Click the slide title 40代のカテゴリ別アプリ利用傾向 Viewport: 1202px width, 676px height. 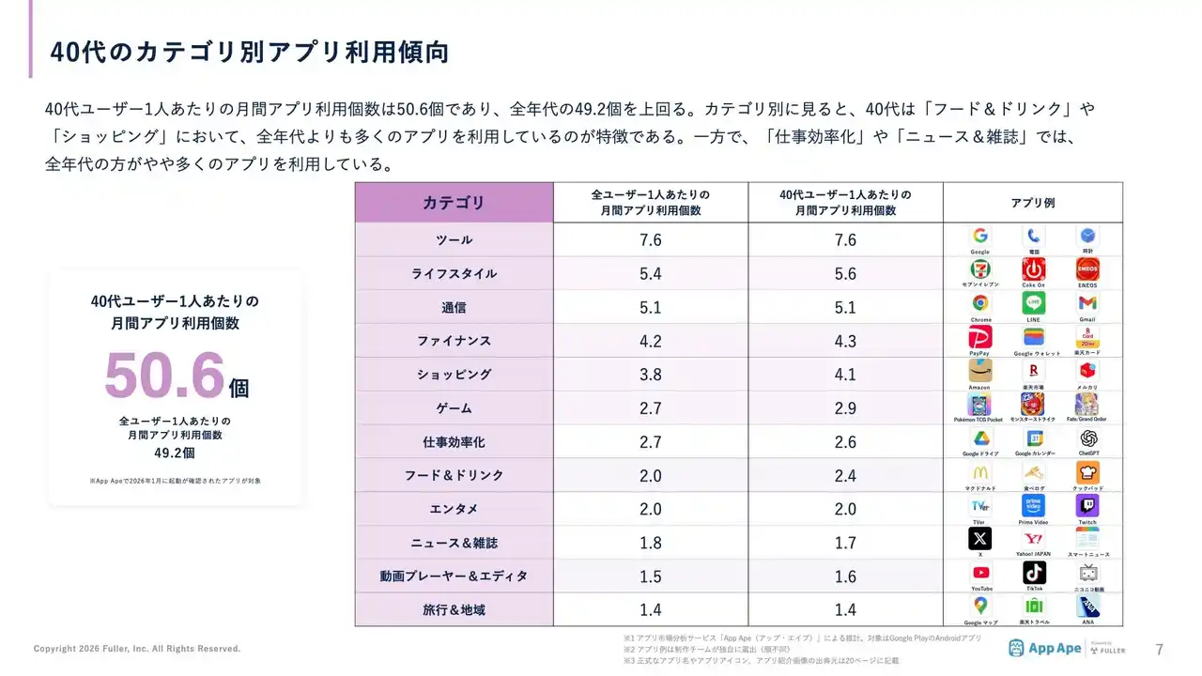pos(249,53)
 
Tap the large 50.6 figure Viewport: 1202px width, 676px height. pos(165,376)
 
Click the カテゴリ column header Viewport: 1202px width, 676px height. pos(454,203)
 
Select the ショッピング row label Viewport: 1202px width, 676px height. pos(454,375)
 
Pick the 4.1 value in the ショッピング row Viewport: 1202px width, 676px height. pos(845,375)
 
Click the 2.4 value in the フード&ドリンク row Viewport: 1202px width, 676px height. pos(845,476)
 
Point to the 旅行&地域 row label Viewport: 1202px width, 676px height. pos(454,610)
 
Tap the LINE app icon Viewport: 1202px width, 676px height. pos(1033,303)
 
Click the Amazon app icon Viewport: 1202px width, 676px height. pos(979,371)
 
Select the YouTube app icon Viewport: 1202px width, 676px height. pos(980,573)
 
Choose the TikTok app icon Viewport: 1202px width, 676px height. pos(1034,573)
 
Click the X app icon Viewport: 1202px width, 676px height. pos(979,538)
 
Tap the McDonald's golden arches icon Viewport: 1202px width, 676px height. pos(979,472)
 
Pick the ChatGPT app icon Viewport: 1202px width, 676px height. pos(1087,438)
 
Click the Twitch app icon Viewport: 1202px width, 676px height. pos(1087,506)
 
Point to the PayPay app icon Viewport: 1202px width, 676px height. pos(979,337)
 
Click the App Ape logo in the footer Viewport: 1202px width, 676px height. pos(1043,648)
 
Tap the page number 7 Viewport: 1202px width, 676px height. pos(1159,649)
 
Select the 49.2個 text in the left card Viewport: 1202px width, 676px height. pos(175,453)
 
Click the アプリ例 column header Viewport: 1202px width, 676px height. pos(1033,203)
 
